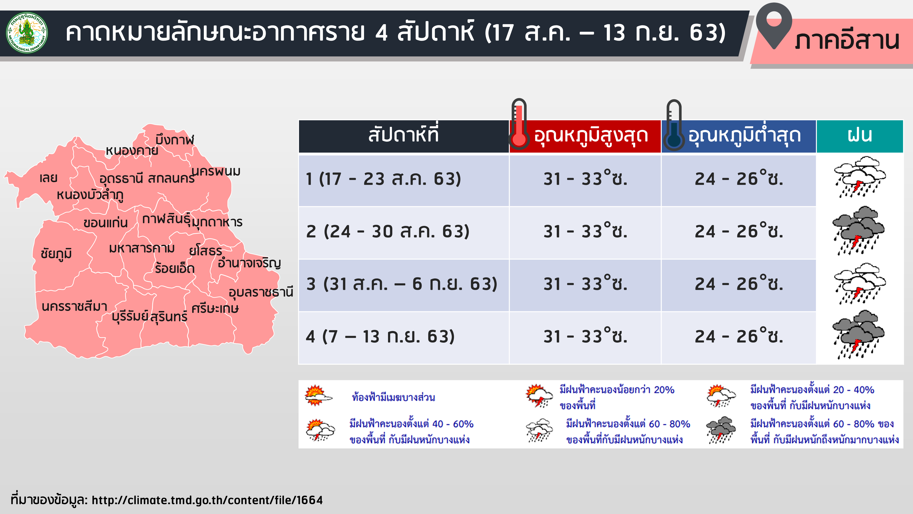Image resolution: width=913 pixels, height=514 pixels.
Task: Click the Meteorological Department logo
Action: click(27, 33)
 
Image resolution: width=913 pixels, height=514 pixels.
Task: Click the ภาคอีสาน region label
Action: click(847, 41)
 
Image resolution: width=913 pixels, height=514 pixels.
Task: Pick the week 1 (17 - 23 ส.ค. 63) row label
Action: click(383, 179)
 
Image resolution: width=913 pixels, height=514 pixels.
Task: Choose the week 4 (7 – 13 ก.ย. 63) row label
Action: click(380, 336)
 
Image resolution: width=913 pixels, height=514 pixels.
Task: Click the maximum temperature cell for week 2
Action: click(585, 231)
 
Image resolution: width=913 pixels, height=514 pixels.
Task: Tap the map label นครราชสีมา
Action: click(74, 306)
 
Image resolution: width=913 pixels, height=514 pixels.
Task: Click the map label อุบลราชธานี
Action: click(261, 292)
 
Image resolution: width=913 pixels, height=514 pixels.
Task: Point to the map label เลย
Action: click(49, 178)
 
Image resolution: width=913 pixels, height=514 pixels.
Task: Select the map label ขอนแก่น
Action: click(106, 223)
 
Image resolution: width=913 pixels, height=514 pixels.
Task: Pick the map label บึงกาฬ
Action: click(175, 139)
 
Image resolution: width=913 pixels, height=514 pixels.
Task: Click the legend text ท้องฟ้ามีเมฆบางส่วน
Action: click(394, 397)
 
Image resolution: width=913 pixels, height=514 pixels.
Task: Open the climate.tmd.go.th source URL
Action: click(207, 500)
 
